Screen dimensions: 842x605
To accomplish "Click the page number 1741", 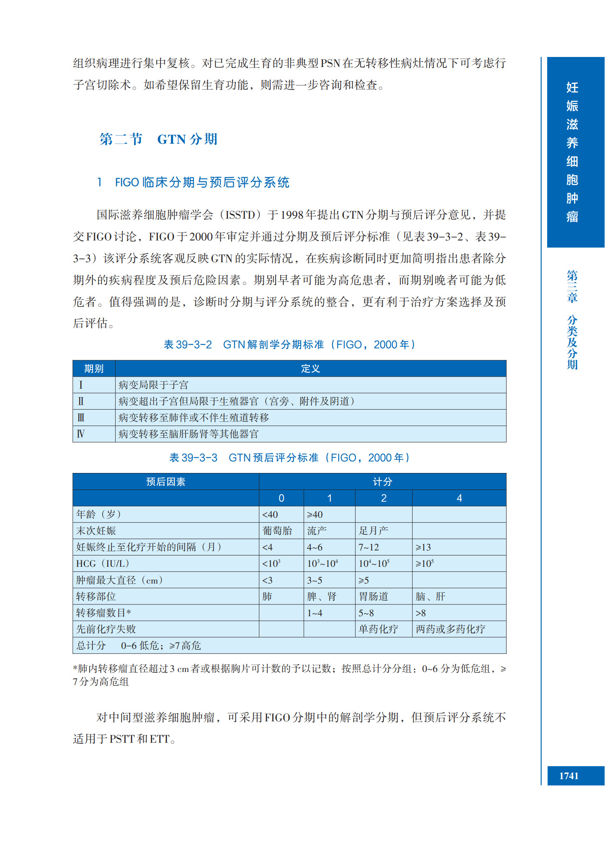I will point(569,776).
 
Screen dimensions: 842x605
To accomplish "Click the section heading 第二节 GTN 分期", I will point(158,139).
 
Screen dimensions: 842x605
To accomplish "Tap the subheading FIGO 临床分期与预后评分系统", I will point(202,182).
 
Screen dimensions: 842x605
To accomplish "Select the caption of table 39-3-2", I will point(289,344).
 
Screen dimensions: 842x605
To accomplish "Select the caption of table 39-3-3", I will point(289,457).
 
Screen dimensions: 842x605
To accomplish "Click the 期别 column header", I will point(94,369).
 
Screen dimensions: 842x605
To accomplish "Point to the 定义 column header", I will point(310,369).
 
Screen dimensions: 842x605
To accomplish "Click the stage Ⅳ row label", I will point(81,434).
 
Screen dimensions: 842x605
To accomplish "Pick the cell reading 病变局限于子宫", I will point(153,385).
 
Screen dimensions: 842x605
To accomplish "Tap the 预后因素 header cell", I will point(165,482).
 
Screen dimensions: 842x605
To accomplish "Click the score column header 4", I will point(459,498).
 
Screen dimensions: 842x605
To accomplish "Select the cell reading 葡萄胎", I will point(277,531).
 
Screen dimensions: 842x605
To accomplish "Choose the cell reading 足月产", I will point(373,531).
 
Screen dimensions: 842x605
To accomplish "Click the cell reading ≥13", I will point(423,547).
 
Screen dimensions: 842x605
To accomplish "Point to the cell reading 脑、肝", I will point(430,597).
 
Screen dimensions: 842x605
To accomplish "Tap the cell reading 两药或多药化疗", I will point(450,629).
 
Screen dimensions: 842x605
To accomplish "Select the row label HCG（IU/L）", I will point(103,564).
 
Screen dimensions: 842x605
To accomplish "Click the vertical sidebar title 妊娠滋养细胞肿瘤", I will point(572,152).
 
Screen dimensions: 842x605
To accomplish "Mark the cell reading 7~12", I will point(369,547).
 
